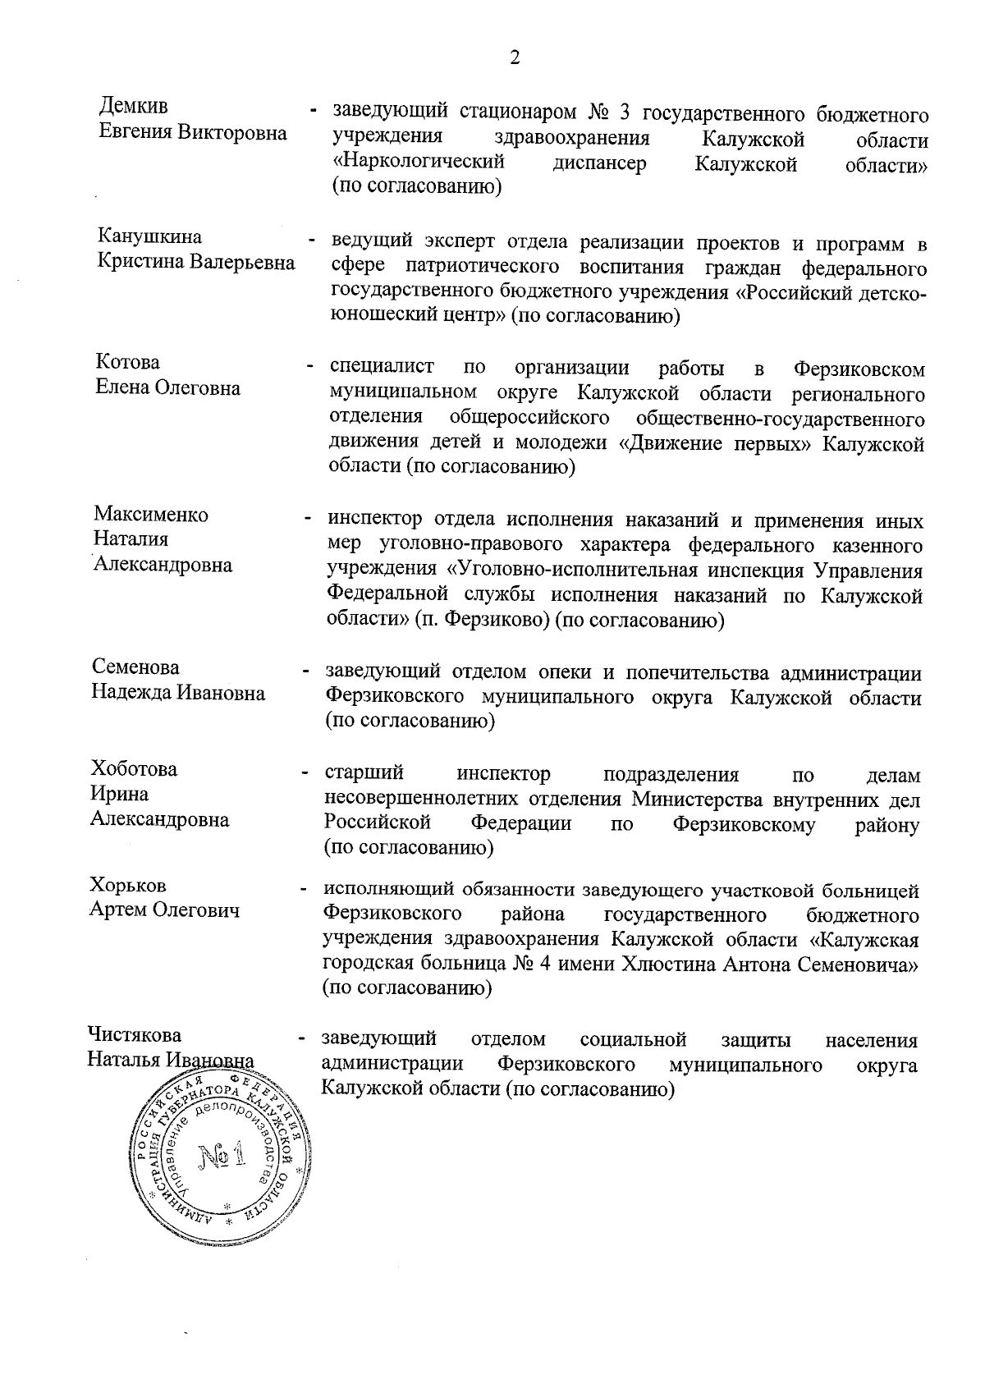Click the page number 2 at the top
[x=515, y=57]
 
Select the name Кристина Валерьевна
[x=196, y=263]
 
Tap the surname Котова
[x=127, y=363]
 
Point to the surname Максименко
[x=151, y=515]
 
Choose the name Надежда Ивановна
[x=178, y=693]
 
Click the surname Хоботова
[x=134, y=769]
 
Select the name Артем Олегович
[x=164, y=910]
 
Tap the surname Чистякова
[x=135, y=1035]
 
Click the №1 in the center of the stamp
[x=221, y=1158]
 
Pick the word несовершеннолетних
[x=420, y=800]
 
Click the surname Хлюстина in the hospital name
[x=670, y=965]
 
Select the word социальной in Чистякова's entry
[x=632, y=1041]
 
